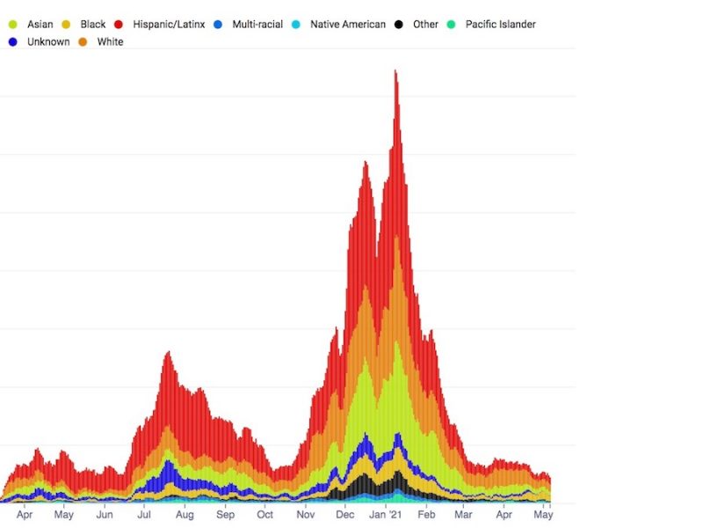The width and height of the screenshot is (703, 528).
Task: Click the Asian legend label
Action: (40, 25)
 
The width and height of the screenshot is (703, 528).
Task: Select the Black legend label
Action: (92, 25)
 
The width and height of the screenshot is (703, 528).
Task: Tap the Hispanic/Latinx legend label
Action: (169, 25)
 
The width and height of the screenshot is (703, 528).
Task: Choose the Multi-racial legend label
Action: (257, 25)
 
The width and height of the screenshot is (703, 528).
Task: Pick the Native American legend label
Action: (347, 25)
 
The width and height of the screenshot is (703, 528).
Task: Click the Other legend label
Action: (425, 25)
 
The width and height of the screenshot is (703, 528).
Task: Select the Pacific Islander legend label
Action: (500, 25)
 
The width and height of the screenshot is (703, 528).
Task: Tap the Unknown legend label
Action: (48, 42)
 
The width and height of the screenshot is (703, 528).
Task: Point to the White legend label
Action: (110, 42)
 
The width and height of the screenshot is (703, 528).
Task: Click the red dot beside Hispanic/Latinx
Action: (118, 25)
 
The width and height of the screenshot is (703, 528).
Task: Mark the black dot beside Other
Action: (400, 25)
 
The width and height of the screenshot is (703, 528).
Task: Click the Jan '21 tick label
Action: (385, 515)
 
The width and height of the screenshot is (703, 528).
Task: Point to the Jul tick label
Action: (144, 515)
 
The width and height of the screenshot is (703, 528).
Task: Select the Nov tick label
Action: (305, 515)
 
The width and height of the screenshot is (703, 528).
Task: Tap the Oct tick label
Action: (265, 515)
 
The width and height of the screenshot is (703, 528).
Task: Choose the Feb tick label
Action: (425, 515)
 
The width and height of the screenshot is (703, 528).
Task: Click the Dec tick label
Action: (344, 515)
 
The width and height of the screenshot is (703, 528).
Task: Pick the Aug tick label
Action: (185, 515)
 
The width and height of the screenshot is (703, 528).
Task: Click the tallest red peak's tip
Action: (395, 71)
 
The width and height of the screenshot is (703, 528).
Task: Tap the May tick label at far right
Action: (544, 515)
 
